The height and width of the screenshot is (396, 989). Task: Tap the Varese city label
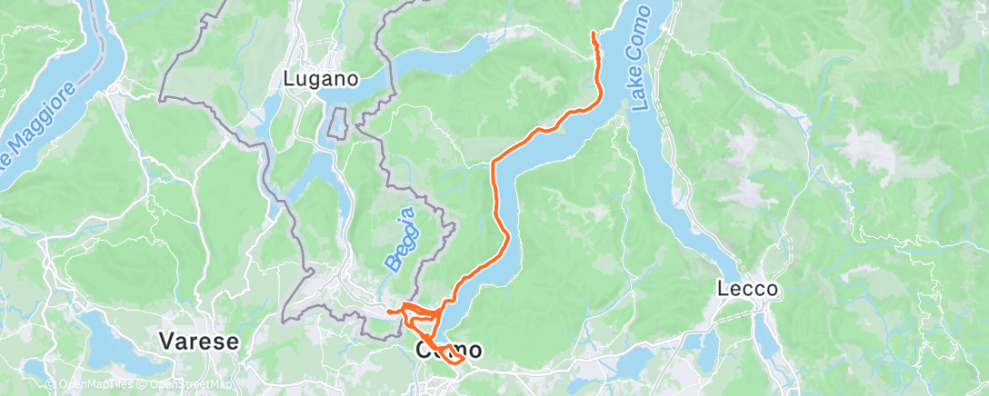click(x=198, y=342)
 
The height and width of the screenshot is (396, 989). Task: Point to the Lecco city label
click(x=747, y=290)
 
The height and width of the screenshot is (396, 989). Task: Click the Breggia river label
click(x=401, y=239)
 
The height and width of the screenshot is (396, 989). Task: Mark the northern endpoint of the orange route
click(x=594, y=33)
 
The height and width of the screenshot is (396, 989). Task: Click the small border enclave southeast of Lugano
click(x=338, y=123)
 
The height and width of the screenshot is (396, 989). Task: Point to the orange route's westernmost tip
click(x=388, y=312)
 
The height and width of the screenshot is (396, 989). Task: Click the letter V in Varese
click(x=166, y=342)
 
